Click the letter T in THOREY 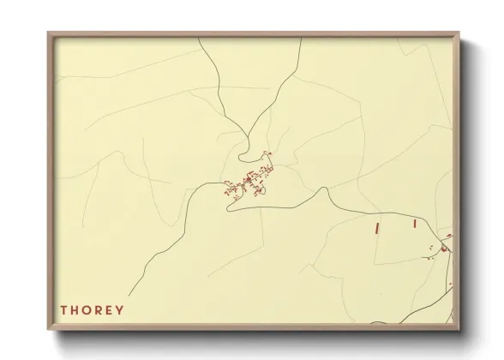pyautogui.click(x=63, y=309)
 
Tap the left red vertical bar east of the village pyautogui.click(x=376, y=227)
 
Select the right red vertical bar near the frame pyautogui.click(x=414, y=223)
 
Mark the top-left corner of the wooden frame pyautogui.click(x=49, y=33)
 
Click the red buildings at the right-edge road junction pyautogui.click(x=444, y=248)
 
